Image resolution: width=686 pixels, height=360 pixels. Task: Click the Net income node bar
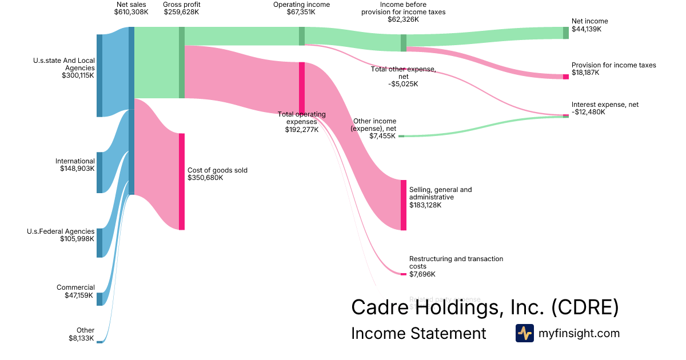(x=566, y=33)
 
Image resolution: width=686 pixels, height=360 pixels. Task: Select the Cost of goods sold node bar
(x=182, y=182)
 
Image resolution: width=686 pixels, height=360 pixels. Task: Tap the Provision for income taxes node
(x=566, y=77)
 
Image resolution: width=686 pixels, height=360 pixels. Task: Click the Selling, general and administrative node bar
(x=404, y=205)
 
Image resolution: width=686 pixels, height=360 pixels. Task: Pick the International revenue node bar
(x=99, y=173)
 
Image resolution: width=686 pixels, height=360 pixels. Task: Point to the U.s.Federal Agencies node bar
(x=99, y=243)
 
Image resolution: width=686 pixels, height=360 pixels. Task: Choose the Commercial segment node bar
(x=99, y=299)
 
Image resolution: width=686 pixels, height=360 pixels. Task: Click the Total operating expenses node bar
(x=302, y=88)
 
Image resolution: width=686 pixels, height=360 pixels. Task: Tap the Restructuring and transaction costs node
(x=404, y=274)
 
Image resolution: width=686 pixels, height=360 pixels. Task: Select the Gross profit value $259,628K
(x=181, y=12)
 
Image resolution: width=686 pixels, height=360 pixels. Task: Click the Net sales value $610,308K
(x=131, y=12)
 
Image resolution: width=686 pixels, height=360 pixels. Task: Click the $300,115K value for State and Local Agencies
(x=78, y=75)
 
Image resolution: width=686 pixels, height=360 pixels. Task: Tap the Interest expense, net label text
(x=605, y=105)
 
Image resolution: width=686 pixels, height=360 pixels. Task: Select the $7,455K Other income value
(x=382, y=137)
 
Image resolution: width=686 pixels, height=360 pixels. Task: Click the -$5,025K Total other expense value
(x=402, y=84)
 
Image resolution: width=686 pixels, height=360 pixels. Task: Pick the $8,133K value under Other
(x=81, y=338)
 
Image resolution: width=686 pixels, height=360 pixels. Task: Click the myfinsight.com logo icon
(x=525, y=333)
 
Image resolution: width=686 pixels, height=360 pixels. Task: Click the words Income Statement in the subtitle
(x=418, y=333)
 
